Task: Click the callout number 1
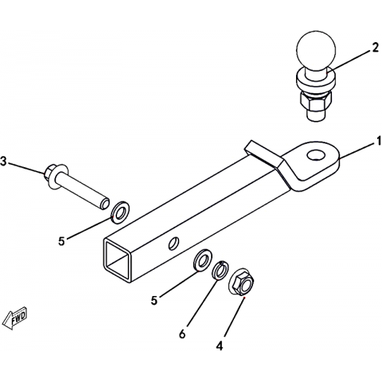click(377, 141)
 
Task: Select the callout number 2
click(375, 48)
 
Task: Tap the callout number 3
click(3, 162)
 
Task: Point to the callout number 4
click(220, 346)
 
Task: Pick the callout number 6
click(182, 334)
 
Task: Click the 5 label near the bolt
click(61, 241)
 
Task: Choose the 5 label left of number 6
click(154, 301)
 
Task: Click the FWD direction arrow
click(14, 318)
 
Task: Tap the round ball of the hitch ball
click(316, 50)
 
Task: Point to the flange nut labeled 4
click(241, 283)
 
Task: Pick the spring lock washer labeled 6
click(220, 271)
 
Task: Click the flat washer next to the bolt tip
click(120, 212)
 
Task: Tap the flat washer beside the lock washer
click(202, 260)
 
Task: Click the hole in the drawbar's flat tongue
click(317, 154)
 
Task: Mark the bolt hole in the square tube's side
click(173, 243)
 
